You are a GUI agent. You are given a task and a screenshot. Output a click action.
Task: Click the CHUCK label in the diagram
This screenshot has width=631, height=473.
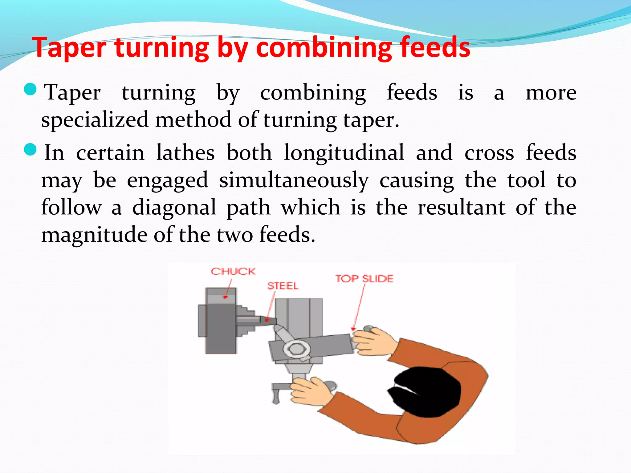[233, 272]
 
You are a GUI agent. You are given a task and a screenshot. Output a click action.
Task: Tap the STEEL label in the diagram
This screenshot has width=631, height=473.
[283, 286]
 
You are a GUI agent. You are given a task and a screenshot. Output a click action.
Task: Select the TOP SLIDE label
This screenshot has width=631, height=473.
[364, 279]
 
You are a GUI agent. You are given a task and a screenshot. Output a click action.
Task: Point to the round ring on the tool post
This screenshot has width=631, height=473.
[296, 349]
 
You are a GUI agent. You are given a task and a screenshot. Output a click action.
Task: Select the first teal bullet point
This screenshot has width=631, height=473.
[30, 90]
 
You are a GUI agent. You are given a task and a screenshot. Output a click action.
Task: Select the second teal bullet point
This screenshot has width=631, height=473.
[30, 150]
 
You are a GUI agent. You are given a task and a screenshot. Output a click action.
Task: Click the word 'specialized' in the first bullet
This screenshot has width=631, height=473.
[95, 120]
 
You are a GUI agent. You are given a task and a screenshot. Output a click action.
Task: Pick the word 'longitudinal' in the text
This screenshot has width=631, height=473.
[344, 153]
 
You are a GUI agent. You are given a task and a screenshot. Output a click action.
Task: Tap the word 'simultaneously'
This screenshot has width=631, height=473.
[294, 180]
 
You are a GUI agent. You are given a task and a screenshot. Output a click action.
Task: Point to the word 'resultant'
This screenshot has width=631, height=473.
[461, 208]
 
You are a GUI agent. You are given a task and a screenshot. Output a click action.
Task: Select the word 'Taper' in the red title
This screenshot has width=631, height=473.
[69, 48]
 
